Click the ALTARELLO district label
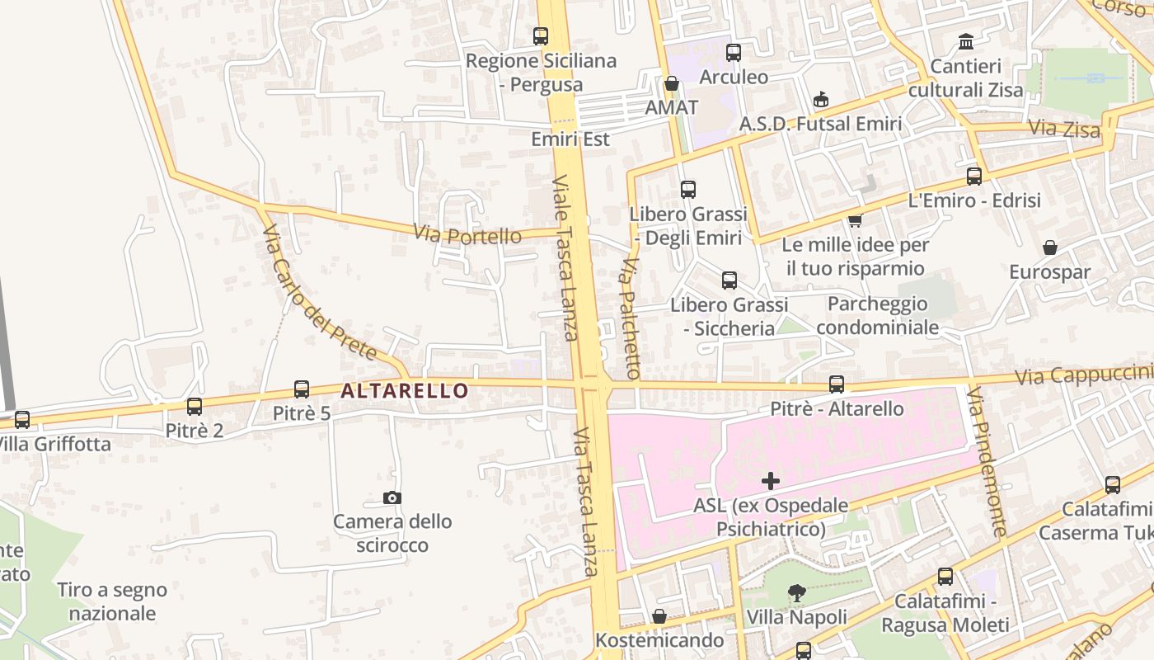pos(404,390)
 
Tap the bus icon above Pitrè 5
pos(302,389)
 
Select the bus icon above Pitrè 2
pos(195,407)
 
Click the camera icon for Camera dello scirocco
pos(392,497)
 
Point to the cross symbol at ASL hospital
pos(771,481)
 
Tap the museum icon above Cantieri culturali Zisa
pos(965,41)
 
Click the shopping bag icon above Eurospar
pos(1050,247)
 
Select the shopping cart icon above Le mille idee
pos(855,220)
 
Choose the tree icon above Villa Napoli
pos(796,592)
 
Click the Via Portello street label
pos(467,235)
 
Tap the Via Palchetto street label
pos(631,318)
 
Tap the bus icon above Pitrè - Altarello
pos(837,384)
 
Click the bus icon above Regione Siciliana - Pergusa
pos(541,36)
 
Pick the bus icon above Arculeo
pos(734,53)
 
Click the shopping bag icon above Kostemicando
pos(659,616)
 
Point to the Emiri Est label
pos(570,139)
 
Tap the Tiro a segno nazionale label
pos(112,601)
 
